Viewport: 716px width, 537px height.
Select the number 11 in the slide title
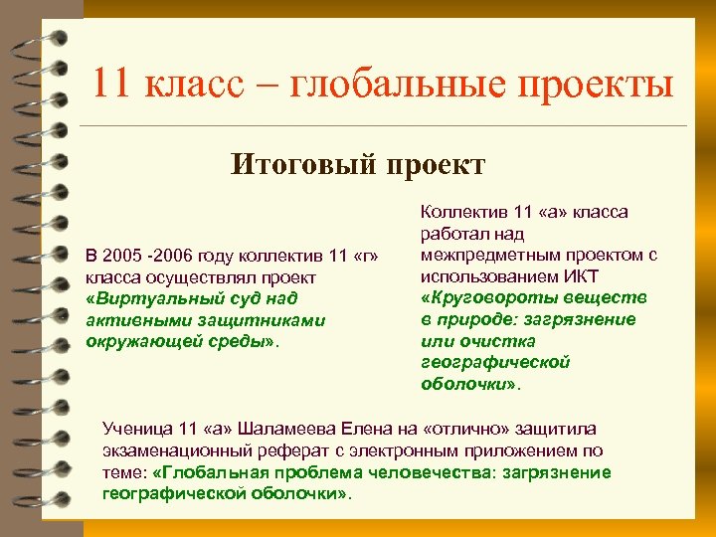click(111, 85)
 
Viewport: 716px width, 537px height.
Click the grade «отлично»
click(465, 429)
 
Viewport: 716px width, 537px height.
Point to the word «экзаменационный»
click(172, 450)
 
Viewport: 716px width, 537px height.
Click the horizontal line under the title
click(382, 126)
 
